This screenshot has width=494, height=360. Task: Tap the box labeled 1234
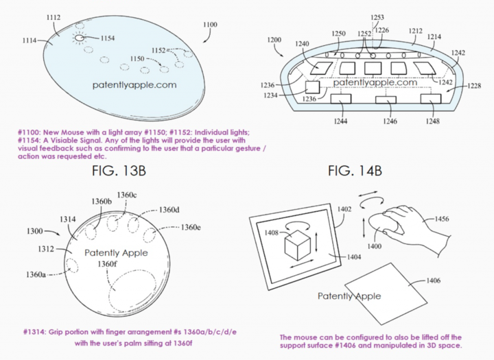click(x=311, y=88)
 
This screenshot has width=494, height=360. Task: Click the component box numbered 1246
click(x=386, y=99)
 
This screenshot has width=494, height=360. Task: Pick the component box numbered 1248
click(x=431, y=99)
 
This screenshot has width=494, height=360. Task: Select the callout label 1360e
click(x=191, y=227)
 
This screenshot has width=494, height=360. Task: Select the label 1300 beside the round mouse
click(x=39, y=232)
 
